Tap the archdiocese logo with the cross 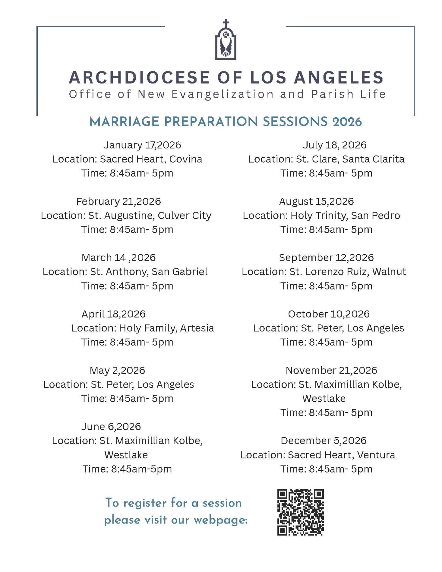(226, 40)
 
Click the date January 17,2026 (142, 145)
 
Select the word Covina (186, 159)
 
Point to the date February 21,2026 (118, 201)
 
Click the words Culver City (184, 216)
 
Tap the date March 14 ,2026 (118, 258)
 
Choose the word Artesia (197, 328)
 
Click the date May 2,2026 (117, 370)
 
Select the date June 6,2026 (111, 426)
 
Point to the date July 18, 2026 (334, 145)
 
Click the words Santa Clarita (373, 159)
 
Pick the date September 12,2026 (326, 258)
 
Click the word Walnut (389, 272)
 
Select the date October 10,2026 (329, 314)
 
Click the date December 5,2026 (323, 441)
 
